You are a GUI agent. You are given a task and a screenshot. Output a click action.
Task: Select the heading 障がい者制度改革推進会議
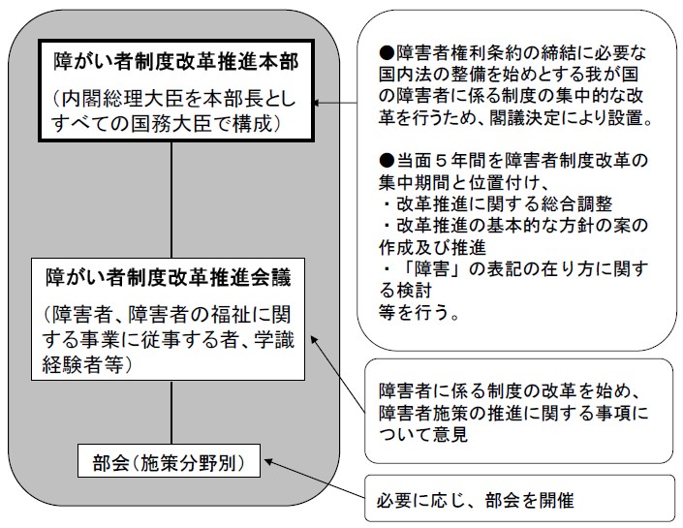pos(171,275)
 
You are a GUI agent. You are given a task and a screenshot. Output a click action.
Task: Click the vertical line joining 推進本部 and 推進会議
pos(171,199)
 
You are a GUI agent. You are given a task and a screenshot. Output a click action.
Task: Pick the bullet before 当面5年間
pos(385,159)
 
